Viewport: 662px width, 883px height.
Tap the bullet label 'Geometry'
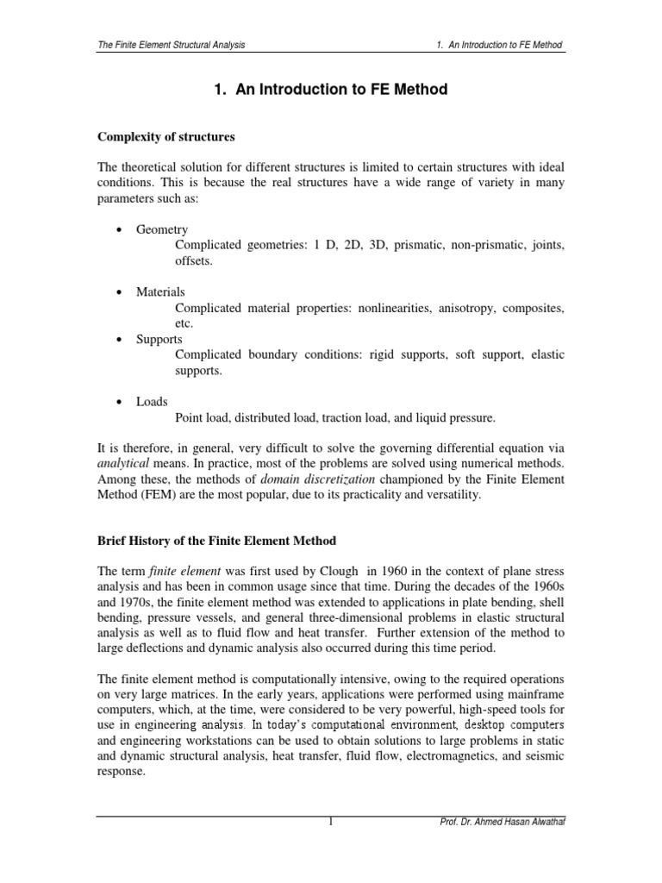[x=162, y=230]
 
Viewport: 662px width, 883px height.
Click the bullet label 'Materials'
[x=160, y=292]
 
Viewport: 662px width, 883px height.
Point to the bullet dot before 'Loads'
[x=116, y=402]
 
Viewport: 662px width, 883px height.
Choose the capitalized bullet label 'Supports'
[x=159, y=340]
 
